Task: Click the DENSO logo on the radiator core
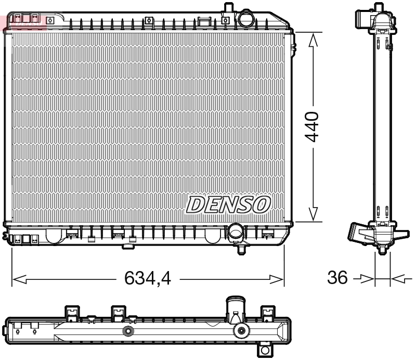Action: [x=228, y=204]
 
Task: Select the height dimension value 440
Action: [x=313, y=126]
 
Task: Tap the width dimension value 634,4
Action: [x=148, y=279]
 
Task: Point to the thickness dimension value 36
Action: [x=337, y=278]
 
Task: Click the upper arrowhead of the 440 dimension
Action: [x=313, y=41]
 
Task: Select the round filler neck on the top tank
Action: [x=245, y=19]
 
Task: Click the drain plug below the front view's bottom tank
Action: [x=241, y=249]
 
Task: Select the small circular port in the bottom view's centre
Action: [x=127, y=331]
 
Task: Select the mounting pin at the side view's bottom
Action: [x=383, y=250]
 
